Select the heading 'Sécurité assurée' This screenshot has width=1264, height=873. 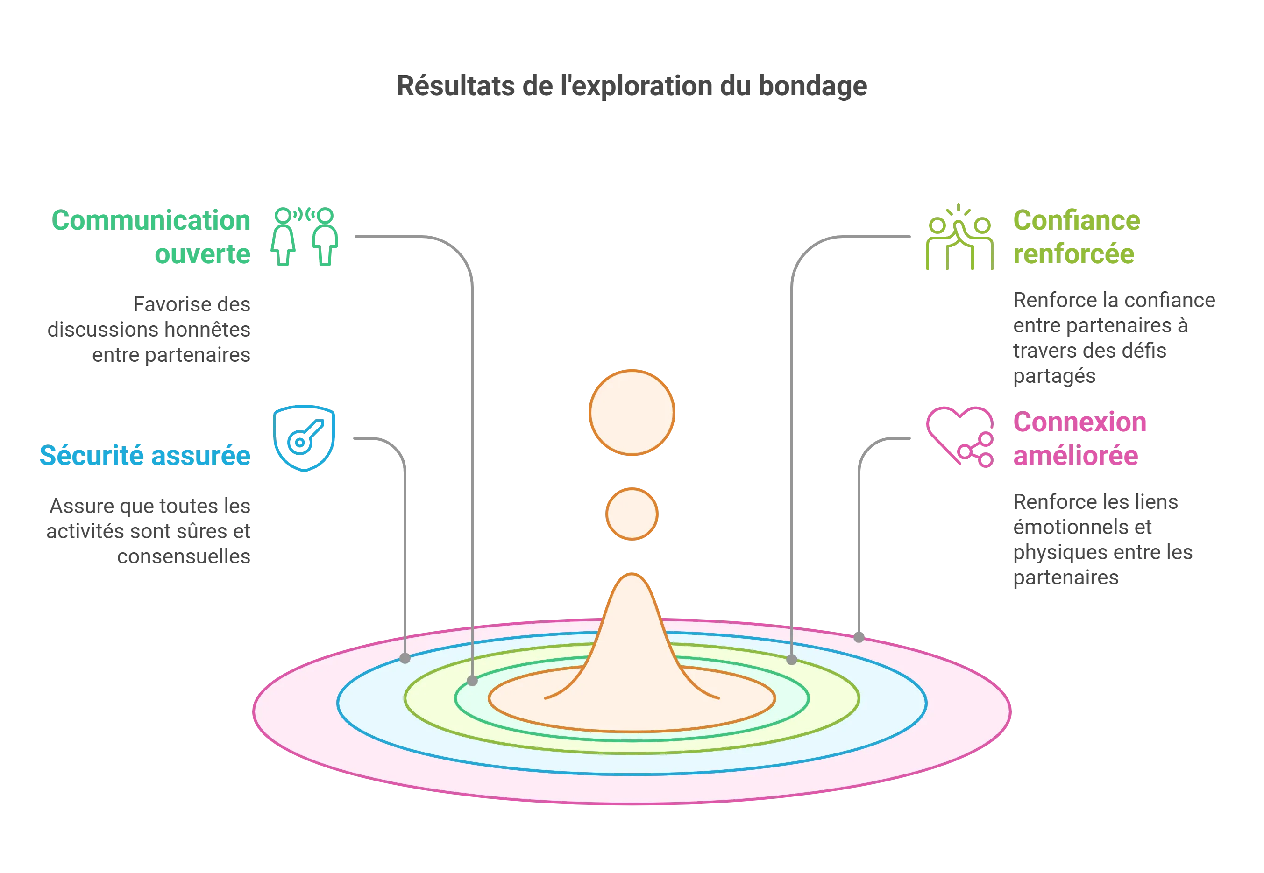[145, 455]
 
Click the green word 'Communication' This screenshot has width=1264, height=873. [151, 220]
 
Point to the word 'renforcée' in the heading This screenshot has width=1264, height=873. [1073, 254]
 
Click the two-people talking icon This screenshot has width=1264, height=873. [304, 236]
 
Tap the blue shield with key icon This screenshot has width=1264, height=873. [304, 438]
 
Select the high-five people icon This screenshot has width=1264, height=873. [960, 237]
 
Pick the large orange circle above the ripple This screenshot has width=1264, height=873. [632, 412]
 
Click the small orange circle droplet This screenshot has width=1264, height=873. [632, 514]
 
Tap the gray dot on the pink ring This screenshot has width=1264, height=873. [859, 637]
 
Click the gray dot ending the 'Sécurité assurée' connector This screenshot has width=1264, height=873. [405, 659]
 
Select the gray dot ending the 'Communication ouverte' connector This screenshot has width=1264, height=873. [472, 681]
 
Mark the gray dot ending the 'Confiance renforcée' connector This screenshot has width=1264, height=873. [792, 660]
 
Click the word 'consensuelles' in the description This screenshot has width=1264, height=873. [184, 556]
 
